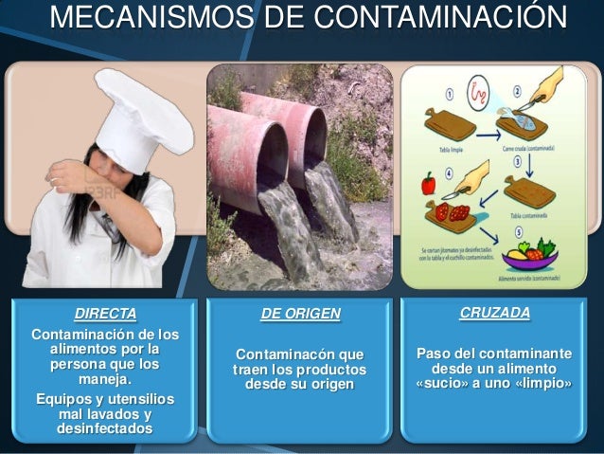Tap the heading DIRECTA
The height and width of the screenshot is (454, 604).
click(106, 313)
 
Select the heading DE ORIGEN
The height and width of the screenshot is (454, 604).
click(300, 314)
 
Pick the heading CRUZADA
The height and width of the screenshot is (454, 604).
click(494, 312)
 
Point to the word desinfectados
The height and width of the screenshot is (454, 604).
click(105, 429)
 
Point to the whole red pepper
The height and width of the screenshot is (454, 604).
click(428, 184)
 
